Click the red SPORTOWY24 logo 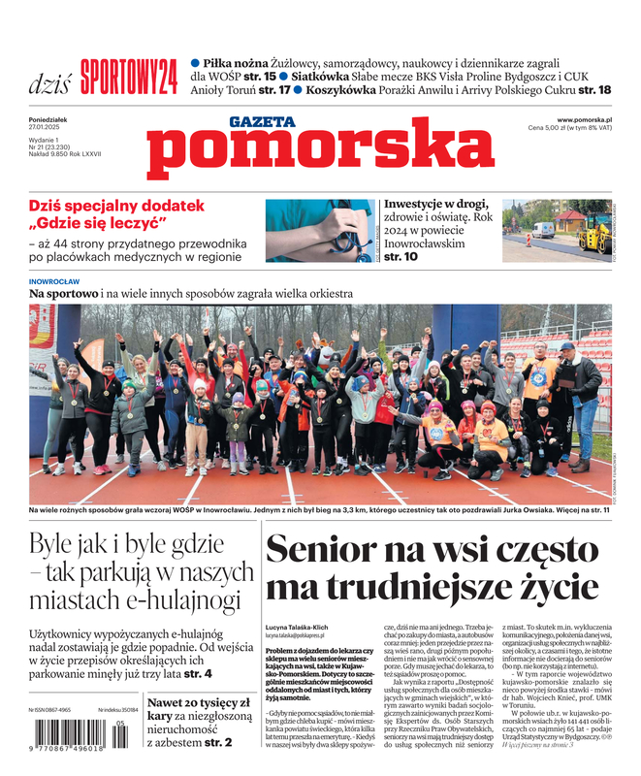[129, 76]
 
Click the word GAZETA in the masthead [263, 122]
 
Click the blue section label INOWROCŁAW [54, 281]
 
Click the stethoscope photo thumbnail [319, 230]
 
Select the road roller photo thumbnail [556, 230]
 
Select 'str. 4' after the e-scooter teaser [198, 672]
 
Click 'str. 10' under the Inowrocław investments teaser [401, 257]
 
